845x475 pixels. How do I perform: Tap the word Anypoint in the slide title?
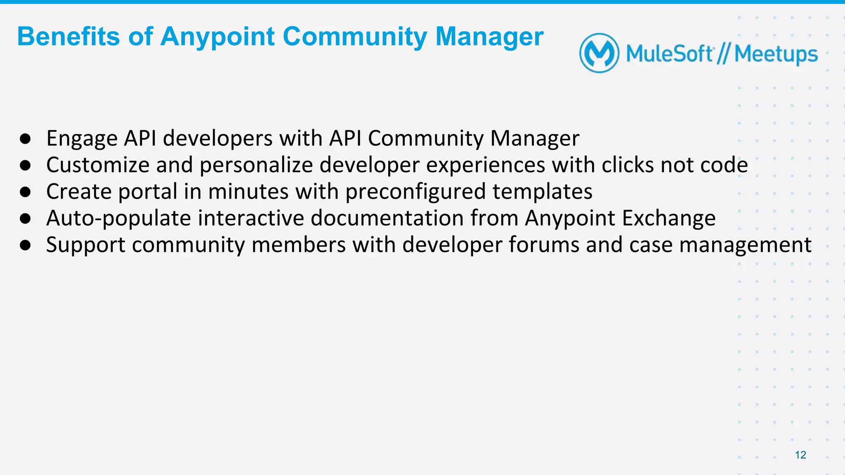tap(217, 37)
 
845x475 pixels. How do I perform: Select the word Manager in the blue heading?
tap(489, 37)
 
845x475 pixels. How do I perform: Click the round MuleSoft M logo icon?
tap(599, 53)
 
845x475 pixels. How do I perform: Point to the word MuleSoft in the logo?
tap(669, 54)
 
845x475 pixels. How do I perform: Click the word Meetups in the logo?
tap(776, 55)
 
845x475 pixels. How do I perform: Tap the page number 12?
tap(800, 455)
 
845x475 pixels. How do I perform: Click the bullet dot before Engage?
tap(26, 139)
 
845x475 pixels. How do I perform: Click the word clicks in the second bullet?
tap(628, 165)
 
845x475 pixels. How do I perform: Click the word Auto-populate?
tap(119, 219)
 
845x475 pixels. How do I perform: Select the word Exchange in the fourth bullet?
tap(668, 219)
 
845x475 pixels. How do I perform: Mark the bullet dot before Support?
tap(26, 246)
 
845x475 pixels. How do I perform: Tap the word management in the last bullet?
tap(745, 246)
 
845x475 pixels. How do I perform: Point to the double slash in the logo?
tap(723, 54)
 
